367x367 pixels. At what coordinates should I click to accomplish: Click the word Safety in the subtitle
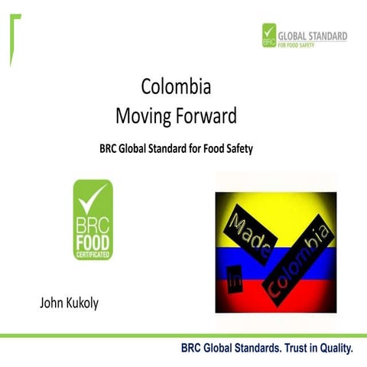[237, 148]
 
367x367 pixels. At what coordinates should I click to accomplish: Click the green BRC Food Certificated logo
[92, 220]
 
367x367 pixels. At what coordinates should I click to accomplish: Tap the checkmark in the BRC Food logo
[93, 198]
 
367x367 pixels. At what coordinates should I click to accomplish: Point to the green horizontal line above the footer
[183, 335]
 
